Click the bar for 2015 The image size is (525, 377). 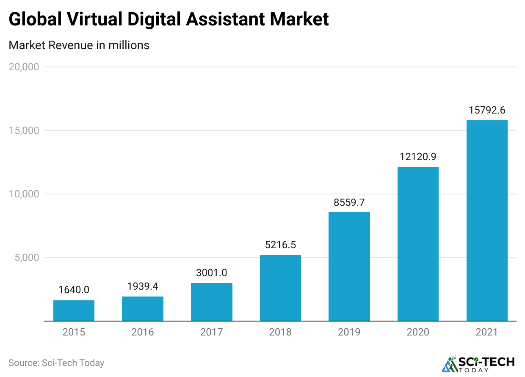74,310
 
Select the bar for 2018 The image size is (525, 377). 280,288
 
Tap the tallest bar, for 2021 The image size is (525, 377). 487,220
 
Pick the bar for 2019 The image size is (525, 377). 349,266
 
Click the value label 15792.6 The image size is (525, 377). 487,111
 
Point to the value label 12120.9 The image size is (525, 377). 418,157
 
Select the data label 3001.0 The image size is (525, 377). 212,273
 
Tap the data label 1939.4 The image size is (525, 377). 143,286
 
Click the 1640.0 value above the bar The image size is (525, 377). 74,290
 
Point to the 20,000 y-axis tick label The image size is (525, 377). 24,67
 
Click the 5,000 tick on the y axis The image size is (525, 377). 26,258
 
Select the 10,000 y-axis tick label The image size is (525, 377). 24,194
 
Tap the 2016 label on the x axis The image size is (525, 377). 143,332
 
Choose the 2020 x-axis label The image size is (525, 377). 418,332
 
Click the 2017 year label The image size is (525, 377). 212,332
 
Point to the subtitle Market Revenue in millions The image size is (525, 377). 79,45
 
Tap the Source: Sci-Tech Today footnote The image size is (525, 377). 56,363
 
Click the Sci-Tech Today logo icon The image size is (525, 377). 450,364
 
